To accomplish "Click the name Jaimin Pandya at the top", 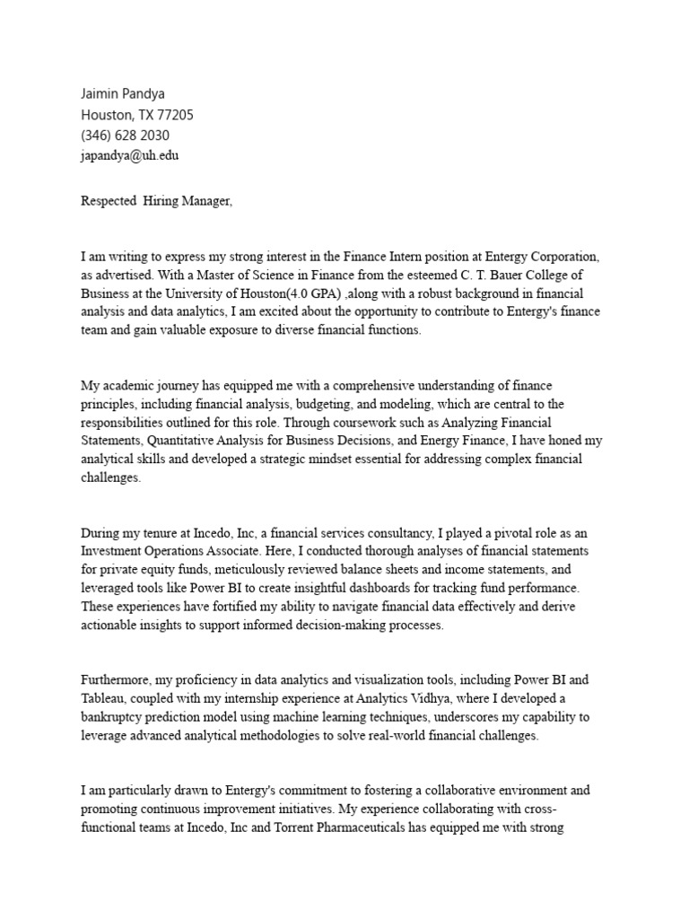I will (124, 95).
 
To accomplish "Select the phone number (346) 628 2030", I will (125, 135).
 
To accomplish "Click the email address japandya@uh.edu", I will (135, 154).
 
